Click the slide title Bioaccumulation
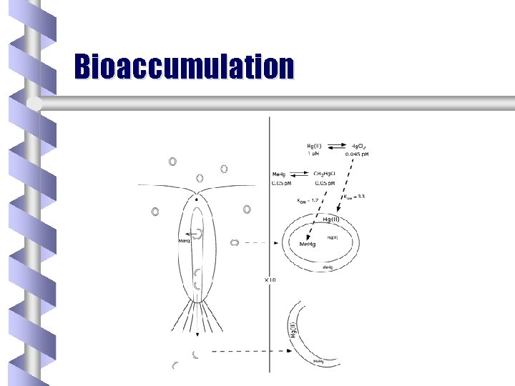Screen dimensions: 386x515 point(184,66)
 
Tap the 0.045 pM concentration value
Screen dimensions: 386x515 point(357,154)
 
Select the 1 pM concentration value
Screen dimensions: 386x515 point(313,154)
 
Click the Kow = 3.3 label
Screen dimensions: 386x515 point(353,197)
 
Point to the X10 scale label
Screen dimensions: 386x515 point(270,279)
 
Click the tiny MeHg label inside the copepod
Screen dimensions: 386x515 point(184,241)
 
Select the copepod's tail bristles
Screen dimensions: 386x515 point(196,315)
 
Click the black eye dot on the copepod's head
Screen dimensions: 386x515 point(197,199)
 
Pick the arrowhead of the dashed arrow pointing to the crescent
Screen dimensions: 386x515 point(293,351)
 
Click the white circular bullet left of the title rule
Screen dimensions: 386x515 point(33,104)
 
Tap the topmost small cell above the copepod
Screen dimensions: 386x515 point(172,162)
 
